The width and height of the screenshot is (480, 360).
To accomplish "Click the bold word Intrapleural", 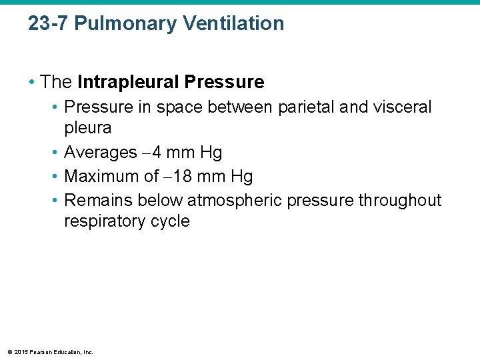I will (x=128, y=82).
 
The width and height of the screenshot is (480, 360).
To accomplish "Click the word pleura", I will (x=87, y=127).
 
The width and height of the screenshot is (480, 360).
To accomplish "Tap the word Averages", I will (x=100, y=153).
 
